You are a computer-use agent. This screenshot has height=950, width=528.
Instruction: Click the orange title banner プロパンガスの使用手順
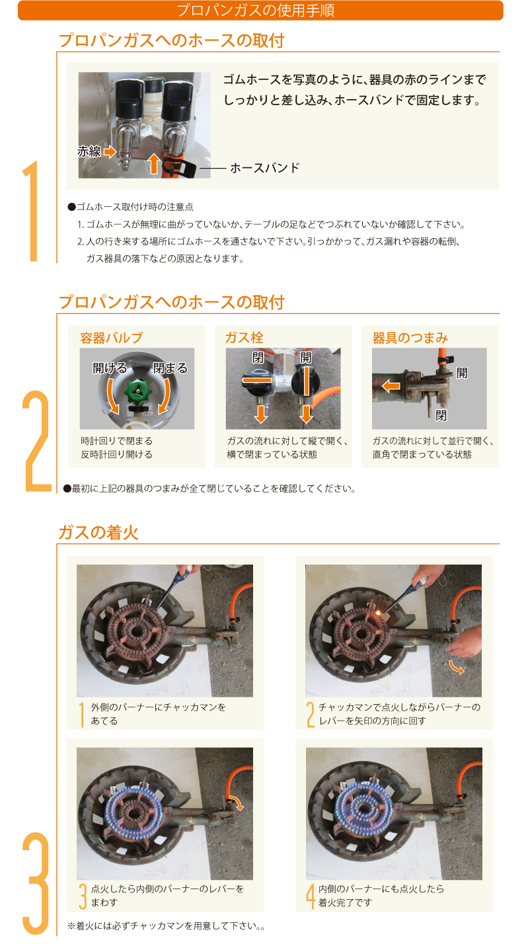260,10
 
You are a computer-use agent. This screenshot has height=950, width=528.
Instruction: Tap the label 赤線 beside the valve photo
89,151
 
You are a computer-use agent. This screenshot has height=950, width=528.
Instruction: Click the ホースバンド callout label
264,168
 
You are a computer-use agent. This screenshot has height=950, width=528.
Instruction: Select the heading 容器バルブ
112,338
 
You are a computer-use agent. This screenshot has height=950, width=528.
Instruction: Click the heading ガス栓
245,338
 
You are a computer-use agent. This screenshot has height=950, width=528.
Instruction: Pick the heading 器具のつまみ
410,338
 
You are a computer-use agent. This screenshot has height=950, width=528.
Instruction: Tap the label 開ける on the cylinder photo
110,368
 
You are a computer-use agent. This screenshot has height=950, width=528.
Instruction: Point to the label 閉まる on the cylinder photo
170,368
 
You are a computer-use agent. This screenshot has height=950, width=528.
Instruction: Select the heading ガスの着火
98,532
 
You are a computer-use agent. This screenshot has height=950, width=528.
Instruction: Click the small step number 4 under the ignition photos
311,896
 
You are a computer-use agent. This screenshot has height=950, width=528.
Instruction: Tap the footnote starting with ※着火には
167,926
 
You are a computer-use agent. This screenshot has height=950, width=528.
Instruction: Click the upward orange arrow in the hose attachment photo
154,164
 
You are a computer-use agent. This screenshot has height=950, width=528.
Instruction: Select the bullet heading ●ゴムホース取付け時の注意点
131,207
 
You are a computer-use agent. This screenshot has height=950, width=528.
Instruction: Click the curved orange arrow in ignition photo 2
457,667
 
